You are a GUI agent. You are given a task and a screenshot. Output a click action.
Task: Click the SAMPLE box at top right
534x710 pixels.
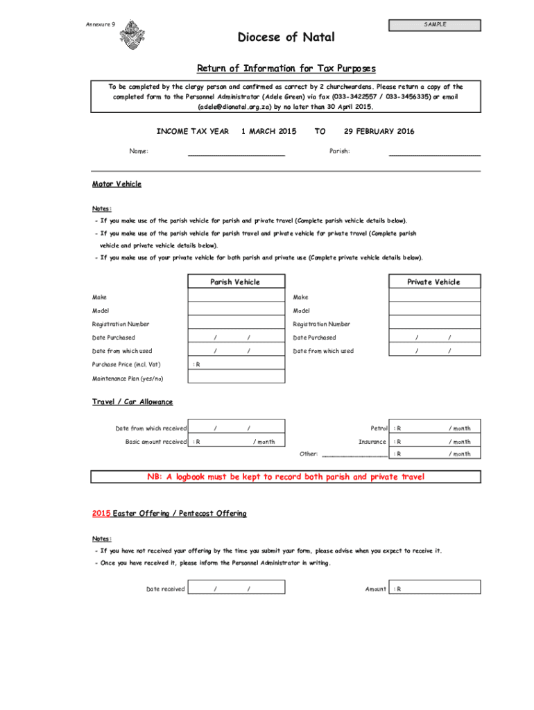[x=435, y=26]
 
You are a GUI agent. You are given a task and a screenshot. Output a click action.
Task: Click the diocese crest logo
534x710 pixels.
[x=132, y=35]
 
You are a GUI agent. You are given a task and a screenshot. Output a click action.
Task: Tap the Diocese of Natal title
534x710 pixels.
[x=286, y=37]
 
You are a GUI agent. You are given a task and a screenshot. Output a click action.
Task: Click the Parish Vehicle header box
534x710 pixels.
[x=236, y=282]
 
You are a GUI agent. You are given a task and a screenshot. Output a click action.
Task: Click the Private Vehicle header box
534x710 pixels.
[x=434, y=282]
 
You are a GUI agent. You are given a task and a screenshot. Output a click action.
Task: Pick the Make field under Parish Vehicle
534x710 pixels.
[x=236, y=297]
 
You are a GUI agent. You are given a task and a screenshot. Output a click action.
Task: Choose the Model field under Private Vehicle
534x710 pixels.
[x=434, y=311]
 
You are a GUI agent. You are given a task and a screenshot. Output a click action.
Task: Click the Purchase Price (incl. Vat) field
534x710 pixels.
[x=236, y=364]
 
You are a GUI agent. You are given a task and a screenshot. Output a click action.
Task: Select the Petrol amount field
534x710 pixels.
[x=434, y=428]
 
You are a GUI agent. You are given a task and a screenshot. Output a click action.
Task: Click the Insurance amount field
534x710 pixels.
[x=434, y=441]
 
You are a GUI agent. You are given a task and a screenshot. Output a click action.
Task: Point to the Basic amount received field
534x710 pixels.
[x=236, y=441]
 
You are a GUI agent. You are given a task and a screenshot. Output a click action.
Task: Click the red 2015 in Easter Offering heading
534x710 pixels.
[x=101, y=514]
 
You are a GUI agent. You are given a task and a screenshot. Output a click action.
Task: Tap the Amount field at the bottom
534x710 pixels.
[x=434, y=589]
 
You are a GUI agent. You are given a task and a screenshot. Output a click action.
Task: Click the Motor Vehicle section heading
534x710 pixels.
[x=117, y=184]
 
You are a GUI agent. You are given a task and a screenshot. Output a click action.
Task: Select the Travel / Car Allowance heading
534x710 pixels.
[x=132, y=402]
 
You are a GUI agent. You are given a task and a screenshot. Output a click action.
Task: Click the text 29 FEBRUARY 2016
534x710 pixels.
[x=379, y=131]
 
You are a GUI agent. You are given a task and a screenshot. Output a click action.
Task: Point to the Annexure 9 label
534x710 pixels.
[x=101, y=25]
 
